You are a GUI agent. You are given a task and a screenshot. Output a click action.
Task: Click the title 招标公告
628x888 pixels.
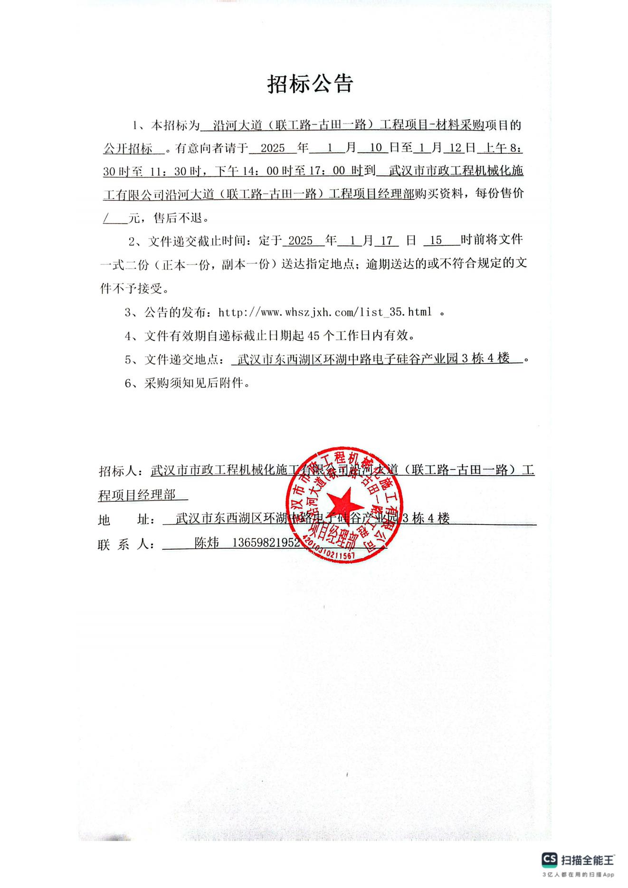[310, 84]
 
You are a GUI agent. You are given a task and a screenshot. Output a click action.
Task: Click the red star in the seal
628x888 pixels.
[345, 503]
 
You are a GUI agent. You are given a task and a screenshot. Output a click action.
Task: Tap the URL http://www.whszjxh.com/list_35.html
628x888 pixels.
[325, 312]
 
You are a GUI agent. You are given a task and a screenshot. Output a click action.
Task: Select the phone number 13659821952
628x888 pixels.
[266, 542]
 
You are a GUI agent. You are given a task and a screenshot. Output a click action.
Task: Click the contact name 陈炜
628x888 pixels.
[207, 542]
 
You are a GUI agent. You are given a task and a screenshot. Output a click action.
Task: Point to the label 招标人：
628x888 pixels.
[124, 471]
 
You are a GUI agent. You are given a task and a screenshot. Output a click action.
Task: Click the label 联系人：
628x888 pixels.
[126, 544]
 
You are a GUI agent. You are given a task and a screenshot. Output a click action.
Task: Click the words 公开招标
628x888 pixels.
[128, 149]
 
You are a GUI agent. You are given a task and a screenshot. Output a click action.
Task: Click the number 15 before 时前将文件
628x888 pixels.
[436, 240]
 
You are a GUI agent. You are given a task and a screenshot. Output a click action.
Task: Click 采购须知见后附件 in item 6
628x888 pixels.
[197, 383]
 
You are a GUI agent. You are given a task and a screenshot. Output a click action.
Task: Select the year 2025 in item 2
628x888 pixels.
[300, 241]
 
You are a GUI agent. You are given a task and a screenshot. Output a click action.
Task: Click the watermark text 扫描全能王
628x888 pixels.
[588, 859]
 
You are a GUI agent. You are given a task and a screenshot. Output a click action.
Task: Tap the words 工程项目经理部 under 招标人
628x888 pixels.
[136, 495]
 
